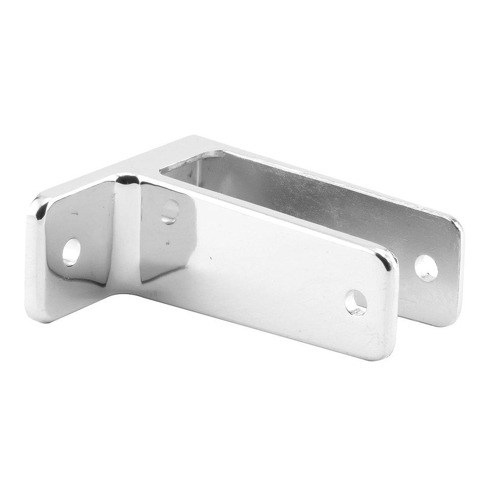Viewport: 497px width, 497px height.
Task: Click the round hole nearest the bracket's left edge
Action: (71, 251)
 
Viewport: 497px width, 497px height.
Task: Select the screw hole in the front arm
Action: (356, 302)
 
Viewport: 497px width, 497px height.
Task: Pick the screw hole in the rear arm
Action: (426, 268)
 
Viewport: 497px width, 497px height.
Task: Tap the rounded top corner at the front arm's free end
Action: (390, 257)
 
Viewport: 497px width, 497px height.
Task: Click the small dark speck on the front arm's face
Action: (211, 258)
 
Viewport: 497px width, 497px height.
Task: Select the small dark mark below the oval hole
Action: (168, 243)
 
